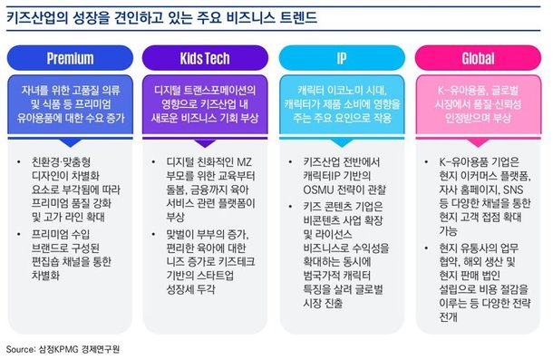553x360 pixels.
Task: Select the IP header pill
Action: pos(342,59)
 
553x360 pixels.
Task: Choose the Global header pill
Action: pos(478,59)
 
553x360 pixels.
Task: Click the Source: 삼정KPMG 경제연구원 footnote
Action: pos(65,348)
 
